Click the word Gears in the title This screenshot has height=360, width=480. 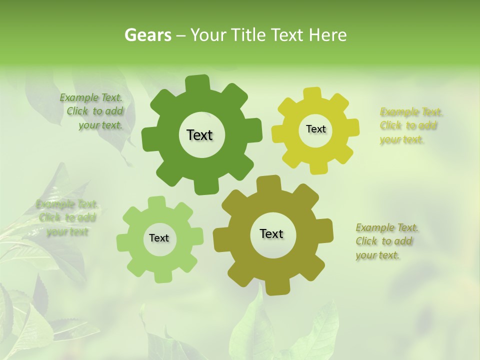click(x=147, y=35)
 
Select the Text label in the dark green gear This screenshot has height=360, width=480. click(x=199, y=135)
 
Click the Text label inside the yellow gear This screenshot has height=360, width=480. click(x=315, y=129)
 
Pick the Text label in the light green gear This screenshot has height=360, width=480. click(x=159, y=238)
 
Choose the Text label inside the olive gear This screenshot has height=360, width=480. click(x=271, y=233)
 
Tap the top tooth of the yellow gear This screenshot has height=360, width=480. click(x=312, y=94)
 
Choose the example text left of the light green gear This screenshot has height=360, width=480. click(x=67, y=218)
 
